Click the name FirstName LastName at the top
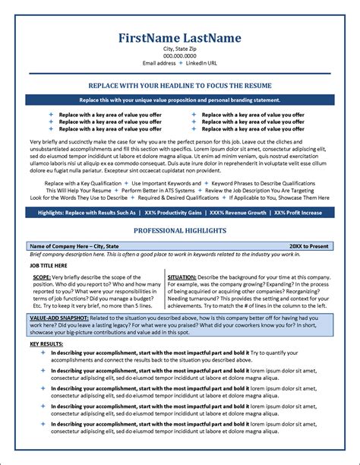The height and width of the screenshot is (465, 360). pyautogui.click(x=180, y=38)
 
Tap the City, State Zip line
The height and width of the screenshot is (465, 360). pyautogui.click(x=180, y=49)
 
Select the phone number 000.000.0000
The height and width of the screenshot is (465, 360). pyautogui.click(x=180, y=55)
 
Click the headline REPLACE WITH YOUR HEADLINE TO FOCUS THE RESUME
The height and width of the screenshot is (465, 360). pyautogui.click(x=180, y=87)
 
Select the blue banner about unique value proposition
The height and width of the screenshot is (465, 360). pyautogui.click(x=180, y=100)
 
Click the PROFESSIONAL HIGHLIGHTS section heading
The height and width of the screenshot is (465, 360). pyautogui.click(x=180, y=229)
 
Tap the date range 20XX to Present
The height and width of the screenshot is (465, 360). pyautogui.click(x=309, y=247)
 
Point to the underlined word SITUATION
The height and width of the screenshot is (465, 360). pyautogui.click(x=183, y=278)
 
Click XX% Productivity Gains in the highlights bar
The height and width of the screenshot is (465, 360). pyautogui.click(x=172, y=213)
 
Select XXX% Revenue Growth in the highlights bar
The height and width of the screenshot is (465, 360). pyautogui.click(x=238, y=213)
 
